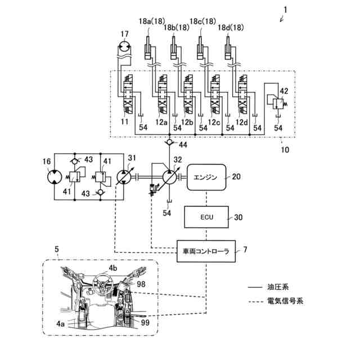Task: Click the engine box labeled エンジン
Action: click(206, 177)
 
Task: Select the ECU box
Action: click(206, 217)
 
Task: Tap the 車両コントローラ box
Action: click(206, 251)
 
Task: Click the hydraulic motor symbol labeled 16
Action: click(55, 177)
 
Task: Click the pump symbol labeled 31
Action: click(124, 177)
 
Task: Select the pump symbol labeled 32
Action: click(169, 177)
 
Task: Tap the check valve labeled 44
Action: click(169, 142)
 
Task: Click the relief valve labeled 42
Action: click(278, 103)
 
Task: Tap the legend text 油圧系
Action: click(278, 287)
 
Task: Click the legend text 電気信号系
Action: click(285, 301)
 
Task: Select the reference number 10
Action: click(285, 150)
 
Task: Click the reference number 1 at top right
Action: click(285, 10)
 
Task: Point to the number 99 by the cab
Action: click(145, 322)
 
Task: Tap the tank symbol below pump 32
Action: click(169, 201)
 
